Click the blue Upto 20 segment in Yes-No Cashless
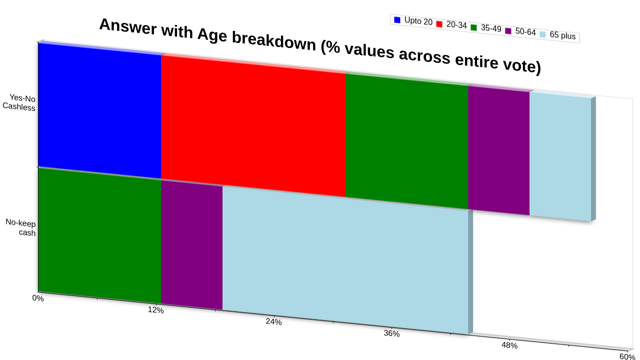[99, 110]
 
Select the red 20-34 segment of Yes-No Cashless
[253, 125]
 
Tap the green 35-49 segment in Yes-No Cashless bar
[407, 141]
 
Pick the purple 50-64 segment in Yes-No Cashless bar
[499, 150]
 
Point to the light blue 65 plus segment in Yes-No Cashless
[560, 156]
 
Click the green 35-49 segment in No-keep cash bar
[99, 235]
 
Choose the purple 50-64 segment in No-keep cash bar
[191, 244]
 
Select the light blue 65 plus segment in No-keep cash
[345, 259]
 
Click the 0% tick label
[37, 298]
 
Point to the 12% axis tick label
[155, 310]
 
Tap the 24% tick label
[273, 321]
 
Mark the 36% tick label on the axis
[391, 333]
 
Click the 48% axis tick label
[509, 345]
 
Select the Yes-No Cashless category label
[19, 102]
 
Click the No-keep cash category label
[20, 227]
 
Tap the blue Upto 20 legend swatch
[397, 19]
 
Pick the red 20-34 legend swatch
[439, 24]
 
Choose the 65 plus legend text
[562, 35]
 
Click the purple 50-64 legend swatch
[508, 31]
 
